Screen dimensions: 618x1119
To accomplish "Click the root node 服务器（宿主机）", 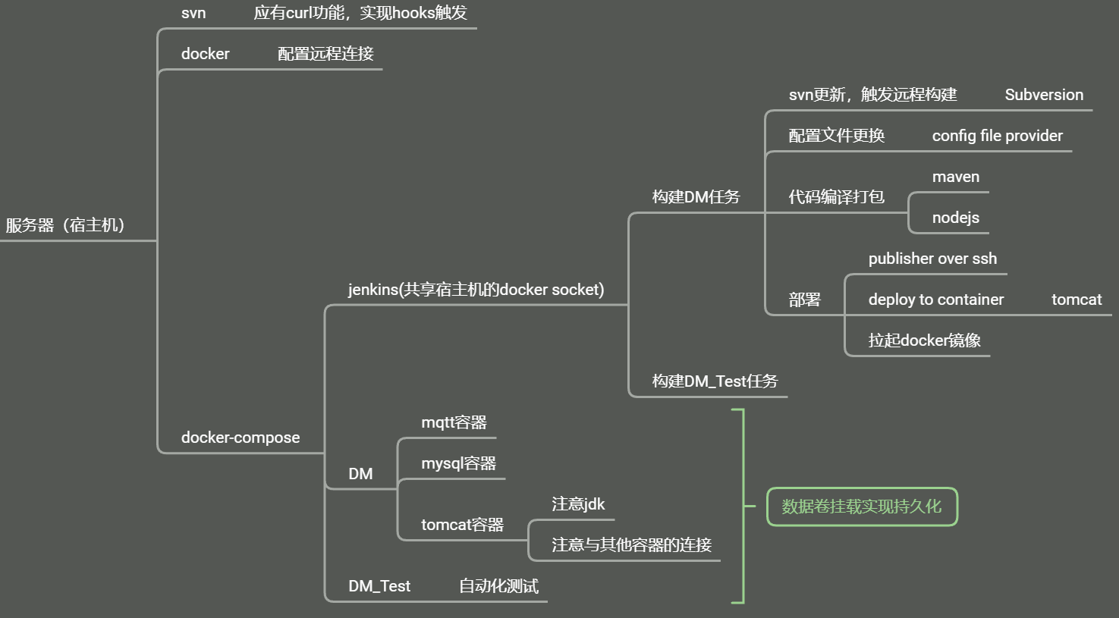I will (65, 225).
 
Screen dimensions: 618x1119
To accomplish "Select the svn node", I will (193, 13).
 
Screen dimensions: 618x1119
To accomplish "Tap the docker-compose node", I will (240, 438).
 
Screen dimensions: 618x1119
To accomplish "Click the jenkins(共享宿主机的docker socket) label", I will (476, 290).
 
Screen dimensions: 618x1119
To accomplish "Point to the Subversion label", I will (1044, 95).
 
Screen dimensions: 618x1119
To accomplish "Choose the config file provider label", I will (997, 136).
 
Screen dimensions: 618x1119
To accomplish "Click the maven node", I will (955, 177).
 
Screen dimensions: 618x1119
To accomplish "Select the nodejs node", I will (955, 218).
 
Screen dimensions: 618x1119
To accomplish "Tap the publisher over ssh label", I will (932, 259).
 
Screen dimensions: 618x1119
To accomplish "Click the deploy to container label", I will (935, 300).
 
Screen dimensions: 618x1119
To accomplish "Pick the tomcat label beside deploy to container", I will (1076, 300).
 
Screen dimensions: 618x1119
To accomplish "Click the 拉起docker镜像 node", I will (924, 340).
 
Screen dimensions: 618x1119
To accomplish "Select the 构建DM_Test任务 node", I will (715, 381).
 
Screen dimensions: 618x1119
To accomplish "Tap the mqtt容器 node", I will (454, 422).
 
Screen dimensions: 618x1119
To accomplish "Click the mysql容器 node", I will (458, 463).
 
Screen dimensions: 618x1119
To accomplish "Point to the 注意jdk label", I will (578, 504).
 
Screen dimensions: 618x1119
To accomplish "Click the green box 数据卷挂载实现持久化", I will (862, 507).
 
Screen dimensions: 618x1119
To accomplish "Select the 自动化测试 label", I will (498, 586).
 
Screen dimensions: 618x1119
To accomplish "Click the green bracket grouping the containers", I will (742, 506).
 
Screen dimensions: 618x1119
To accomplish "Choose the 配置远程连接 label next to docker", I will (325, 54).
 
